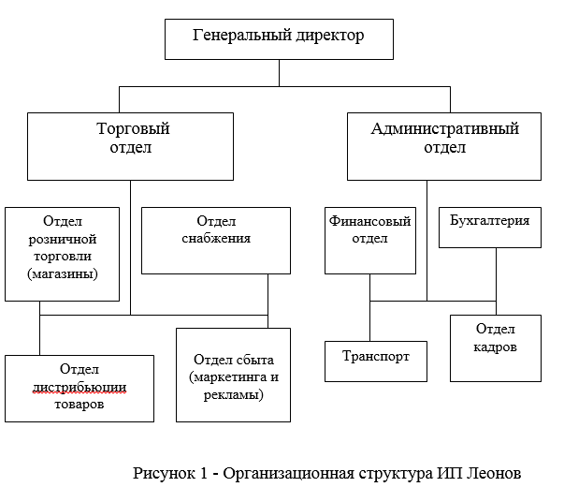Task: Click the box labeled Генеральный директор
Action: pyautogui.click(x=279, y=39)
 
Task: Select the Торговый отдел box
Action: pyautogui.click(x=130, y=146)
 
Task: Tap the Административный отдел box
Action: pyautogui.click(x=444, y=146)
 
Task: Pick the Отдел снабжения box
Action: pyautogui.click(x=216, y=241)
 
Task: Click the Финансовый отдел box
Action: pyautogui.click(x=370, y=241)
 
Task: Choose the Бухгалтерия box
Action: pyautogui.click(x=490, y=228)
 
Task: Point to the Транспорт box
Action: pyautogui.click(x=376, y=362)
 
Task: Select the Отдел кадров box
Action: pyautogui.click(x=496, y=348)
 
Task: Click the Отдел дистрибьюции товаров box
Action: pyautogui.click(x=80, y=389)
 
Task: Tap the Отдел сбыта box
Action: pyautogui.click(x=233, y=375)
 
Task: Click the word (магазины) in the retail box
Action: pyautogui.click(x=63, y=273)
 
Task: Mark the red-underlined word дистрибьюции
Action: pyautogui.click(x=80, y=388)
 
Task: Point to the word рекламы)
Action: pyautogui.click(x=234, y=395)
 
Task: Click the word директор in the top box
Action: pyautogui.click(x=330, y=36)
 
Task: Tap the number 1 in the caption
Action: pyautogui.click(x=204, y=473)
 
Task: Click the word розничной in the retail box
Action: pyautogui.click(x=63, y=239)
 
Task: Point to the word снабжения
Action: pyautogui.click(x=216, y=238)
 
